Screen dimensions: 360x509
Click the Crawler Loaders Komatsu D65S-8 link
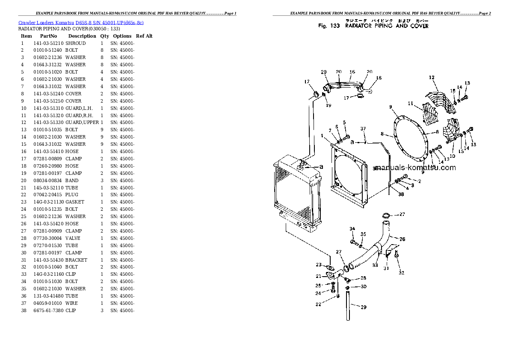tap(83, 22)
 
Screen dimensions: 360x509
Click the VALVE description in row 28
tap(73, 238)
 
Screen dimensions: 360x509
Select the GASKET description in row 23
tap(75, 202)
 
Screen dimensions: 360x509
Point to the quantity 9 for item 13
tap(102, 130)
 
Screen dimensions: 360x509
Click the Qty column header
tap(104, 36)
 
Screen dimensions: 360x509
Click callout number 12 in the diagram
tap(432, 77)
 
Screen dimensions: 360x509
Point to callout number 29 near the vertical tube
tap(363, 307)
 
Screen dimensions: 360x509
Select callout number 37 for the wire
tap(363, 129)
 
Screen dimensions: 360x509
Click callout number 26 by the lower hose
tap(402, 239)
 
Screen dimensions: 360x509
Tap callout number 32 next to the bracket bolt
tap(401, 272)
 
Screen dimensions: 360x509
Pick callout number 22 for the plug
tap(318, 304)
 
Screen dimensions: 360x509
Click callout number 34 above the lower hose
tap(352, 229)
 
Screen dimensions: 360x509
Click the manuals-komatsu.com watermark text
tap(415, 168)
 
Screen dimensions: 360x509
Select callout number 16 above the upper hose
tap(352, 72)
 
